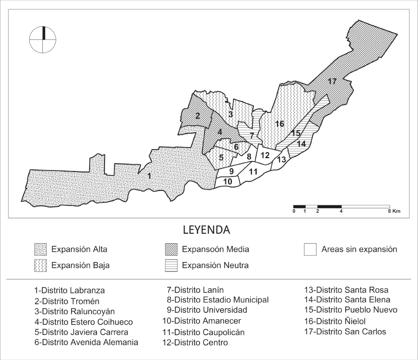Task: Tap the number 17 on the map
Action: [332, 82]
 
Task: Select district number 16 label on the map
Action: [279, 123]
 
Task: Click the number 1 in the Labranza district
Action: [149, 175]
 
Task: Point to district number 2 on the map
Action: [198, 116]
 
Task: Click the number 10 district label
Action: [227, 181]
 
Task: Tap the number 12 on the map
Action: [265, 155]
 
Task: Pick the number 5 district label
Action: [221, 158]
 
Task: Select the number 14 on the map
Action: [301, 144]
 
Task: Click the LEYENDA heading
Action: [209, 230]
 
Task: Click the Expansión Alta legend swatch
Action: [41, 249]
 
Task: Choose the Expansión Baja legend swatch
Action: [41, 265]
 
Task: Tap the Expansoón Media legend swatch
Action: [171, 249]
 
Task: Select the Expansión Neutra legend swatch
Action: [171, 265]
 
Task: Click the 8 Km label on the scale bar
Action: [394, 211]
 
